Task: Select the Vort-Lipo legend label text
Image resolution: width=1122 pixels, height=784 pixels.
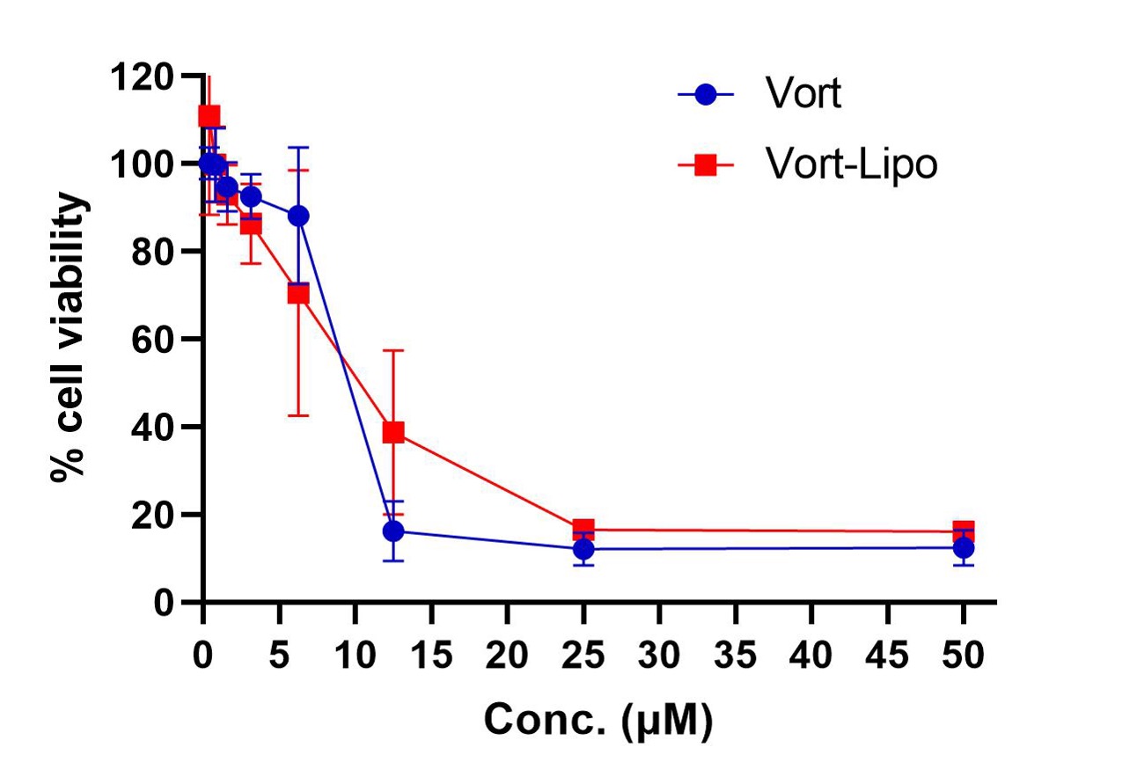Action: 850,165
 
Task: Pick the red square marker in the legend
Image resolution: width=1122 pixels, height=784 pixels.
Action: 705,165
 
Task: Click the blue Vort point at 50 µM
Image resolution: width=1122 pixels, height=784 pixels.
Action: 964,548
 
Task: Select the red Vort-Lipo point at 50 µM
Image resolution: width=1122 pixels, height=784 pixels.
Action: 964,531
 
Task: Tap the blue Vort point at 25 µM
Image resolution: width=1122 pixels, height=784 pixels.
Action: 583,549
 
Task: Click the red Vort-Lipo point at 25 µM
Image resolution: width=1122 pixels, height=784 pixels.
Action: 583,530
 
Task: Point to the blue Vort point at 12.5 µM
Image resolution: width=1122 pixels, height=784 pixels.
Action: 393,531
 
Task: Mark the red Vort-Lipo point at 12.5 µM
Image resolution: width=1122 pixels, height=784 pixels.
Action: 393,432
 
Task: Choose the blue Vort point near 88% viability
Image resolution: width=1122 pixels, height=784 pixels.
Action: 298,216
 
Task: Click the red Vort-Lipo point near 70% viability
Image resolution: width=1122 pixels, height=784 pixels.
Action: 298,293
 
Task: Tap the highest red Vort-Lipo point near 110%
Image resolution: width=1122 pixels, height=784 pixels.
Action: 209,116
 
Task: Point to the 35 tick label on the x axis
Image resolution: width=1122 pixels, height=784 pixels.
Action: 736,655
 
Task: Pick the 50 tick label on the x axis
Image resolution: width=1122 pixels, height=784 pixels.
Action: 964,655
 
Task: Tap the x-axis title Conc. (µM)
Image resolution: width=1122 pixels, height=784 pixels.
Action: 598,721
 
